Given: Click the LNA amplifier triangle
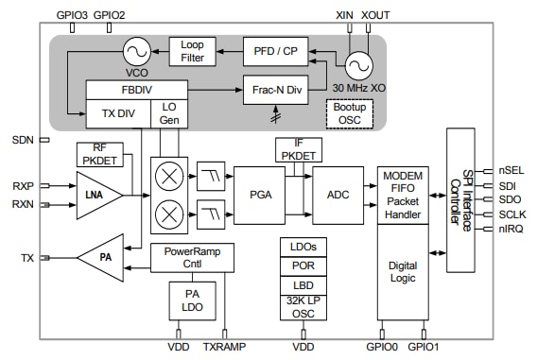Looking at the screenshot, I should click(x=97, y=195).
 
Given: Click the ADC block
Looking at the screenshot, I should click(x=338, y=194).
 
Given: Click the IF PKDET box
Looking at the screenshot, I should click(x=299, y=148).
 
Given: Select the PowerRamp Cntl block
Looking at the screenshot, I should click(x=191, y=257).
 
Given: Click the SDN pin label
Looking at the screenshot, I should click(x=23, y=140).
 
